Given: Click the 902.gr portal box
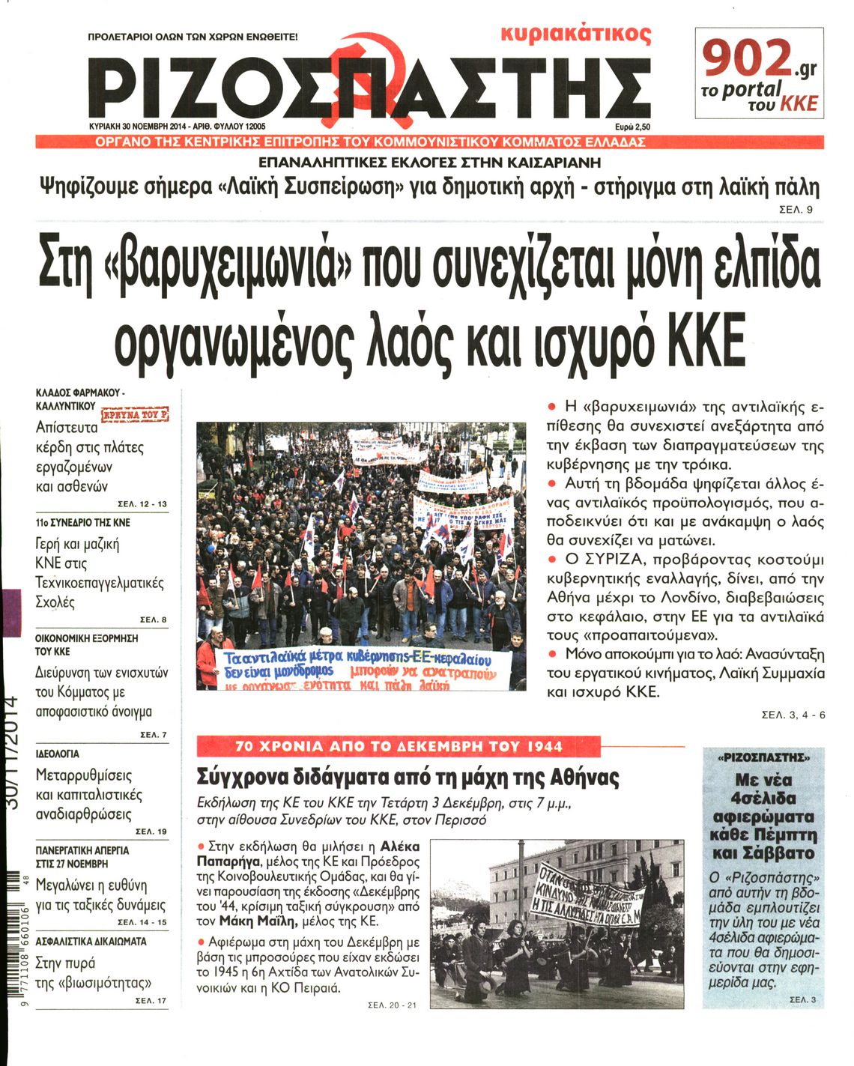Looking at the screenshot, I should pyautogui.click(x=759, y=73).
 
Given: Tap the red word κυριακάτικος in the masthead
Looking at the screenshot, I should pyautogui.click(x=575, y=34).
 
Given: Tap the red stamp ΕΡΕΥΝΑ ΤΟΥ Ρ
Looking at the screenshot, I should pyautogui.click(x=136, y=414).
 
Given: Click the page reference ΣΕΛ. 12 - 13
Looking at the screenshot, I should pyautogui.click(x=142, y=504).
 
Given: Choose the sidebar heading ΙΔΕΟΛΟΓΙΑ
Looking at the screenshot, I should pyautogui.click(x=58, y=754).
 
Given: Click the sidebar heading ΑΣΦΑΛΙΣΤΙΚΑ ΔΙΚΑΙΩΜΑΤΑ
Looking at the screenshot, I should pyautogui.click(x=91, y=942).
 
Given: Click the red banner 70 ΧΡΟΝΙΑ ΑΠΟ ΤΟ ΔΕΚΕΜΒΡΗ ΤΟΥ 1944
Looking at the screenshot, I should pyautogui.click(x=399, y=747).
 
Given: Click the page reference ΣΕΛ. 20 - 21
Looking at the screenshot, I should pyautogui.click(x=392, y=1005).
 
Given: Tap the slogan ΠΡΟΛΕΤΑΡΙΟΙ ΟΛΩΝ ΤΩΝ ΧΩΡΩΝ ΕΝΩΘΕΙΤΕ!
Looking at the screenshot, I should pyautogui.click(x=193, y=36).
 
